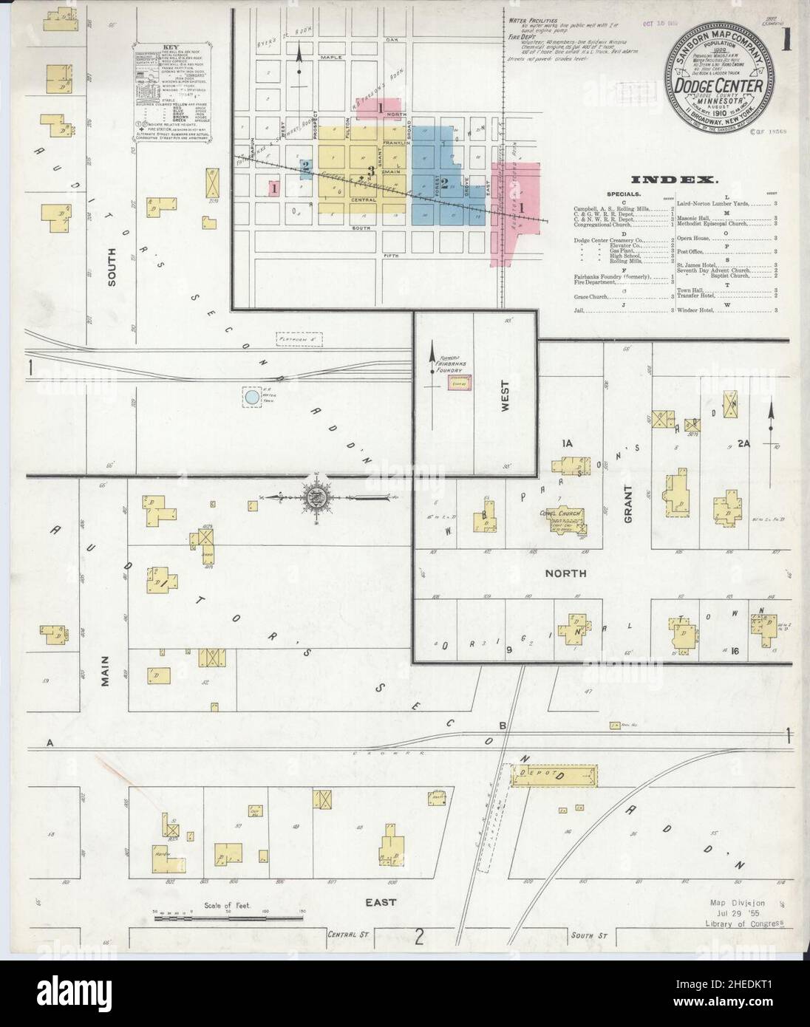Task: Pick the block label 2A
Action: click(743, 444)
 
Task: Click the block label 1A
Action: click(568, 443)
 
